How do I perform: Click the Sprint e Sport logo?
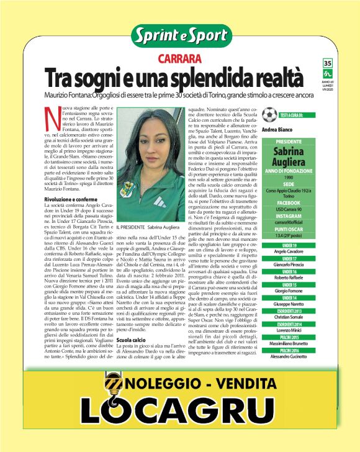coord(180,35)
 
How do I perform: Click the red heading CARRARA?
coord(179,59)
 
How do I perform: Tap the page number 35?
coord(328,63)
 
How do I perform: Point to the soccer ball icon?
coord(269,115)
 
